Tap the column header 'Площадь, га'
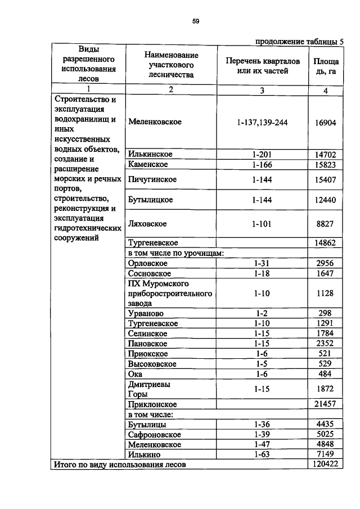tap(325, 66)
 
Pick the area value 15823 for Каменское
tap(325, 164)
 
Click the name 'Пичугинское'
tap(152, 180)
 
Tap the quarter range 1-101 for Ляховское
tap(262, 224)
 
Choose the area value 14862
tap(325, 242)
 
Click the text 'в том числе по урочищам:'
tap(176, 253)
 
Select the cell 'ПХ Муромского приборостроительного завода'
tap(170, 293)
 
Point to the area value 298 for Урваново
tap(325, 313)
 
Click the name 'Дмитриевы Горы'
tap(149, 389)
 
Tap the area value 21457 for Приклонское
tap(325, 404)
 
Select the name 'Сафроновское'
tap(154, 435)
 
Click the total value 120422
tap(325, 465)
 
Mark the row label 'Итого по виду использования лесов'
tap(119, 465)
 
